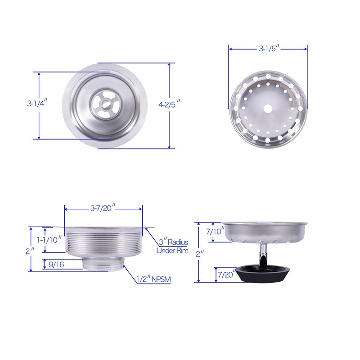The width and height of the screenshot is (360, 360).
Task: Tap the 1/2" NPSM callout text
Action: (153, 279)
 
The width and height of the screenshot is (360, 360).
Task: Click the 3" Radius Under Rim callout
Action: (172, 246)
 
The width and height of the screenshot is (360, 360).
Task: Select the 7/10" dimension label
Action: (213, 232)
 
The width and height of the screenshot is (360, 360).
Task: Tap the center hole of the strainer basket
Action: (269, 108)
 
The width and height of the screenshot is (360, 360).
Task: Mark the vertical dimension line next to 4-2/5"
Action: (170, 130)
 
